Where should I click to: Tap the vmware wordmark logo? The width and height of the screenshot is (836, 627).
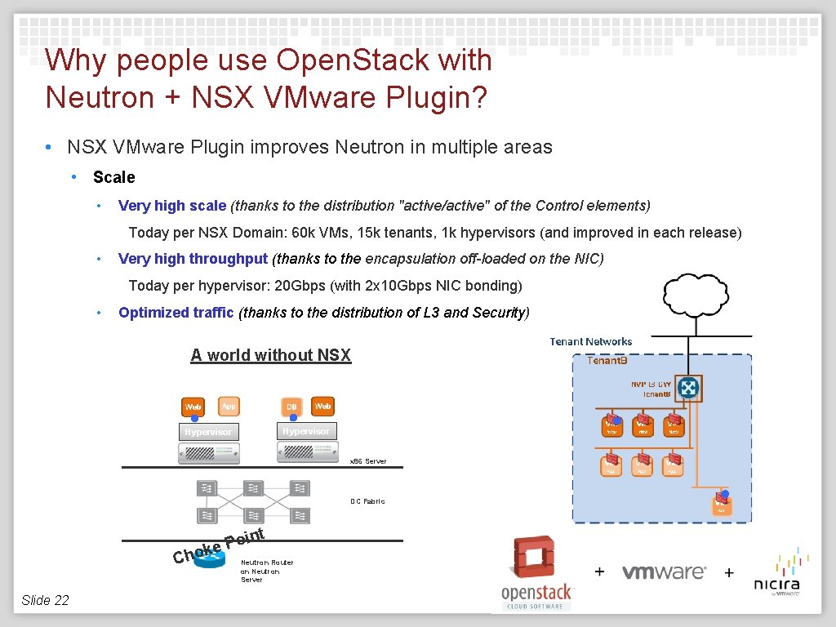coord(664,571)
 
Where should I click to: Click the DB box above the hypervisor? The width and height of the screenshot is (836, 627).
coord(291,407)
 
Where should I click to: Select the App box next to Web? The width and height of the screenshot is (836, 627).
coord(229,406)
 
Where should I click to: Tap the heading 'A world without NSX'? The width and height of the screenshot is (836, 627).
coord(270,355)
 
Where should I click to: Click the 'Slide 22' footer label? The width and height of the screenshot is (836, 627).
coord(45,600)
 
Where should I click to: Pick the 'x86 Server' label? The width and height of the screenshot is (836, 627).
coord(368,461)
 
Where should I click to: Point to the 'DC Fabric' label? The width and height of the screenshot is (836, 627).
coord(367,501)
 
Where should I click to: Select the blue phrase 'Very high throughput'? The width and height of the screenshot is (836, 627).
coord(193,259)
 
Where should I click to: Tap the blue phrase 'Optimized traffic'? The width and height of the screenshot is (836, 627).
coord(176,313)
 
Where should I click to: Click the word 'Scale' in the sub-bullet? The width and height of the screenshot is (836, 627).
coord(114,177)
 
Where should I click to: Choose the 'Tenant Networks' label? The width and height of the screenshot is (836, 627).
coord(591,341)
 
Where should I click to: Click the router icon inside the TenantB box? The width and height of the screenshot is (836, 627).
coord(689,388)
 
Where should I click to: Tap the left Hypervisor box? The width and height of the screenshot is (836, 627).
coord(207,432)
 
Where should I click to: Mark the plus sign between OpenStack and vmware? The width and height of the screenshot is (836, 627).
coord(599,571)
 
